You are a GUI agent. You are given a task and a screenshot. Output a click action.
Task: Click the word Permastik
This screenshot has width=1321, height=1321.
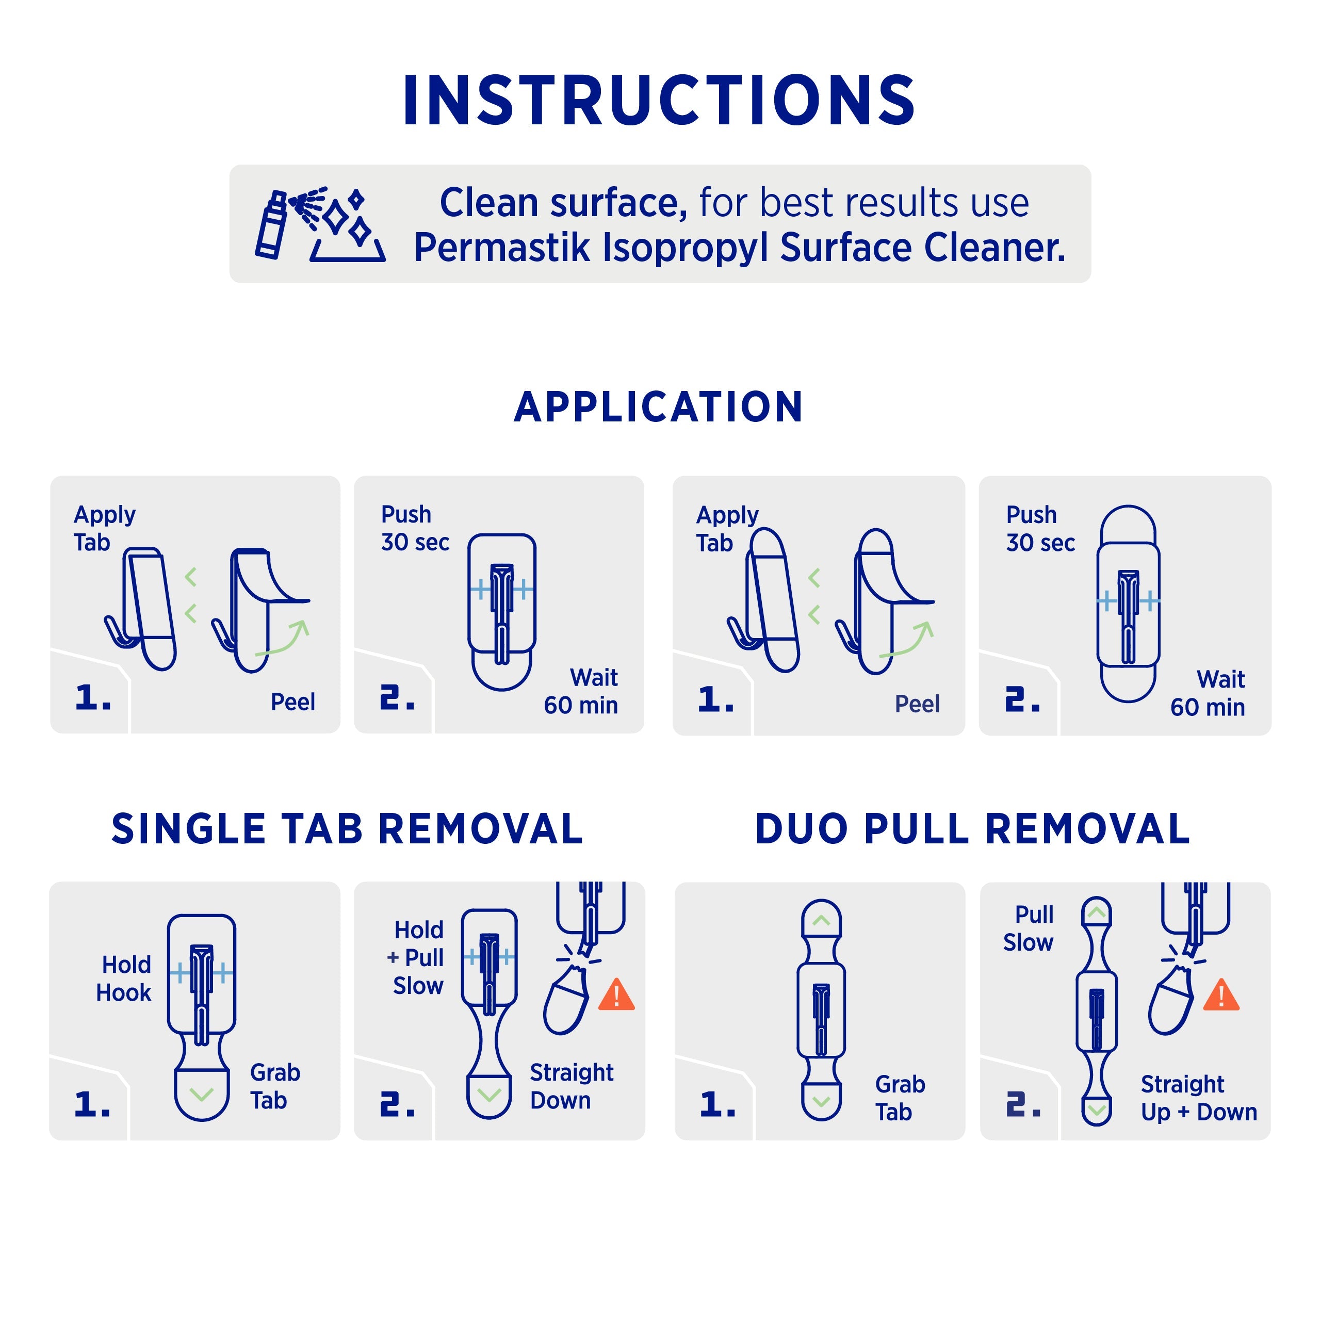coord(502,247)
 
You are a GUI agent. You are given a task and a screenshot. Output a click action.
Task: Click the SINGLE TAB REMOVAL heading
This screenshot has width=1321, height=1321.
coord(347,829)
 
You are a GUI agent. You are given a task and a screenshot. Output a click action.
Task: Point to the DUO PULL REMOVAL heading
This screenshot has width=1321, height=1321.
coord(972,829)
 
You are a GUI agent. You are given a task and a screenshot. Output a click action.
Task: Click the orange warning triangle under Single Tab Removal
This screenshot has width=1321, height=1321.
coord(617,995)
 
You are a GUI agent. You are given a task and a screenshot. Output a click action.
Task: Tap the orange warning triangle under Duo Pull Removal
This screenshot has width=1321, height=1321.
coord(1221,995)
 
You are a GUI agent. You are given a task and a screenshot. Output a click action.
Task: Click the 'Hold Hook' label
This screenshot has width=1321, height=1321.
coord(124,978)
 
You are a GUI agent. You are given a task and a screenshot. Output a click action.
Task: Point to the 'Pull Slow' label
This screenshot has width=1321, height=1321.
coord(1029,928)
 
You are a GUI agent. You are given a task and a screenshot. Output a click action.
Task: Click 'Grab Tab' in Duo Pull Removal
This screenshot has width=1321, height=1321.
coord(900,1098)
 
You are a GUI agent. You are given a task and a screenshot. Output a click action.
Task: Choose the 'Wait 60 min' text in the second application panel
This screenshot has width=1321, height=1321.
coord(581,691)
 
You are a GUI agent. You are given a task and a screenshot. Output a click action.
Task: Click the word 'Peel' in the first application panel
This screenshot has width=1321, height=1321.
coord(292,702)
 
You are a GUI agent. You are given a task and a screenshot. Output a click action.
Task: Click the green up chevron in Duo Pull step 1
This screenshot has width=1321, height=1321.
coord(821,920)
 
